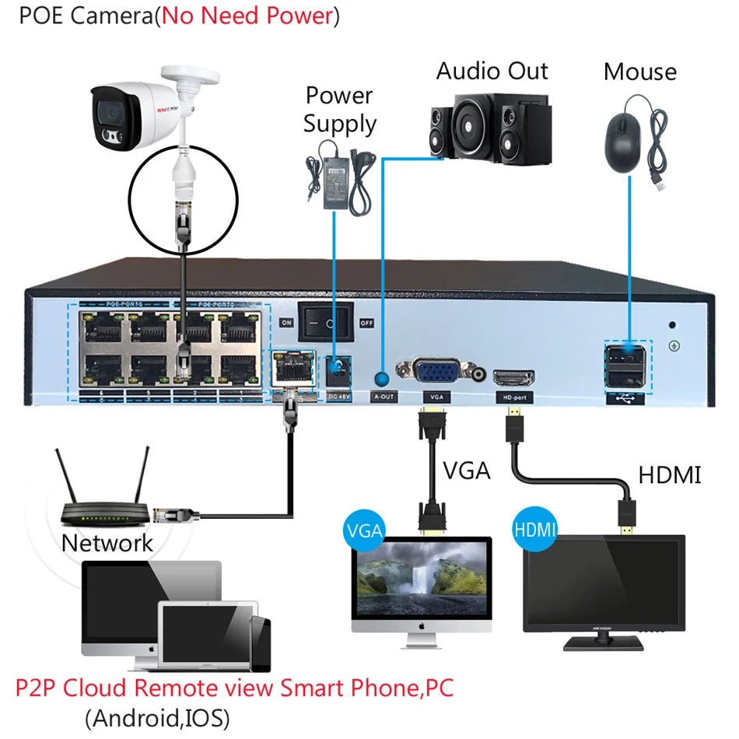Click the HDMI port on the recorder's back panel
point(513,379)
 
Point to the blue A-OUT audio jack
point(382,379)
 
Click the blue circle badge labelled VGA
point(364,531)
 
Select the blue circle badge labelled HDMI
point(535,531)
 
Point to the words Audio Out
point(492,71)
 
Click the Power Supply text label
point(340,110)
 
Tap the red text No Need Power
point(247,16)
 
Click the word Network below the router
point(107,543)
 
